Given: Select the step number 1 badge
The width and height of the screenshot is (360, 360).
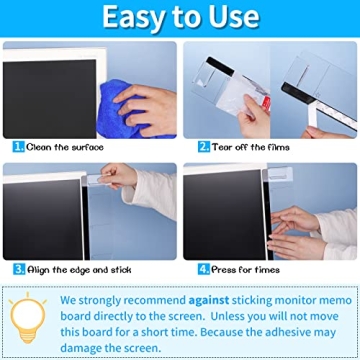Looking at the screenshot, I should point(17,146).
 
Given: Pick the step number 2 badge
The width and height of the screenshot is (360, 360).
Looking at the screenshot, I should point(202,146).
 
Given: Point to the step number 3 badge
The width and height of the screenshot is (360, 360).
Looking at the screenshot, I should point(17,269).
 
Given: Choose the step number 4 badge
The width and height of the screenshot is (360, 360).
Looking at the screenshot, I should point(203,269).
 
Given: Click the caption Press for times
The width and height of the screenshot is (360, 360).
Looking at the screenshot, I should point(246,269).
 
